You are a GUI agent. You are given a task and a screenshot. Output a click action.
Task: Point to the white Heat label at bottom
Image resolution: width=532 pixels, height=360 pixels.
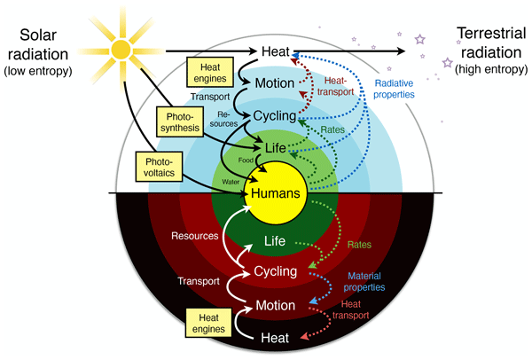tap(273, 338)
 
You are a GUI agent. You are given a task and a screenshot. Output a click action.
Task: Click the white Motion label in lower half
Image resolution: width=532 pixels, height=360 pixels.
tap(274, 305)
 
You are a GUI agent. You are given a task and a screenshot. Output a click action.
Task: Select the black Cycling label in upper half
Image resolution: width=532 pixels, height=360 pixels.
tap(274, 116)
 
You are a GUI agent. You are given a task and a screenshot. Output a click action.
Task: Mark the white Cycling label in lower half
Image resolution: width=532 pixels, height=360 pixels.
tap(274, 271)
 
